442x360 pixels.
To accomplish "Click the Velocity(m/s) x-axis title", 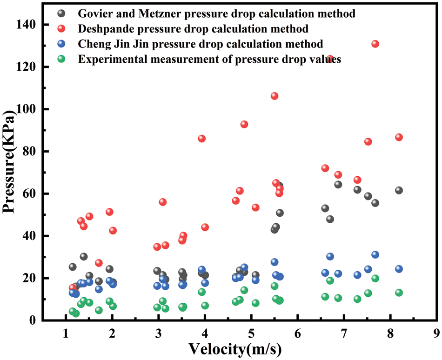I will (x=235, y=348).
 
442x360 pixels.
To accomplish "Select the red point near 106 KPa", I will (x=275, y=96).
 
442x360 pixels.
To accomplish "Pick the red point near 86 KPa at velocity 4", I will (x=202, y=139).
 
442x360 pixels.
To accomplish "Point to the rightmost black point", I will (x=399, y=190).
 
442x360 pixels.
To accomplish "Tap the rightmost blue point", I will (x=399, y=269).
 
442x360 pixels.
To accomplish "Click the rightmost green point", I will (x=399, y=293).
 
